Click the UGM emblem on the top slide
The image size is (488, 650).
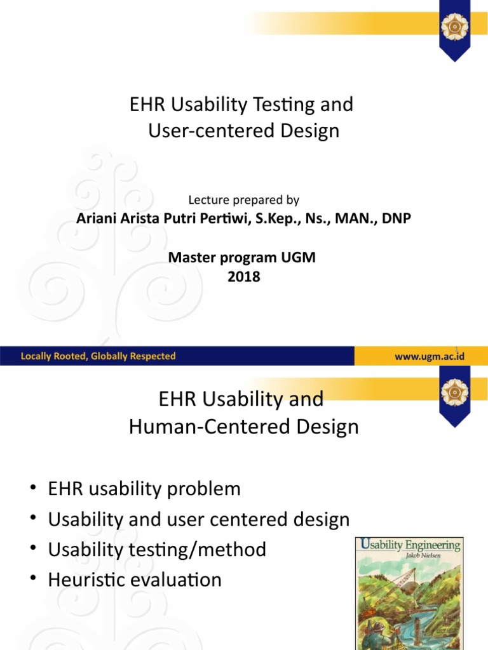click(455, 27)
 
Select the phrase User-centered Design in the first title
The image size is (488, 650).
click(244, 131)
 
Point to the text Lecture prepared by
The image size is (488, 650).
click(243, 200)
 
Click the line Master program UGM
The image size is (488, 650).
click(241, 258)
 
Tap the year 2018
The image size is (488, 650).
click(244, 277)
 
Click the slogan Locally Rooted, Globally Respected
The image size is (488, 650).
click(98, 356)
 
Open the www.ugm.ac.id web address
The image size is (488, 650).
click(430, 356)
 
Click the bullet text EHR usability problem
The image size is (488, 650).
click(144, 489)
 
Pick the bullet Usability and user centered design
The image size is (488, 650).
click(199, 519)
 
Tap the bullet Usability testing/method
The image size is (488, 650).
click(157, 550)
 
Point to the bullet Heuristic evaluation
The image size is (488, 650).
click(135, 580)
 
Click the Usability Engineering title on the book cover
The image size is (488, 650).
click(409, 545)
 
